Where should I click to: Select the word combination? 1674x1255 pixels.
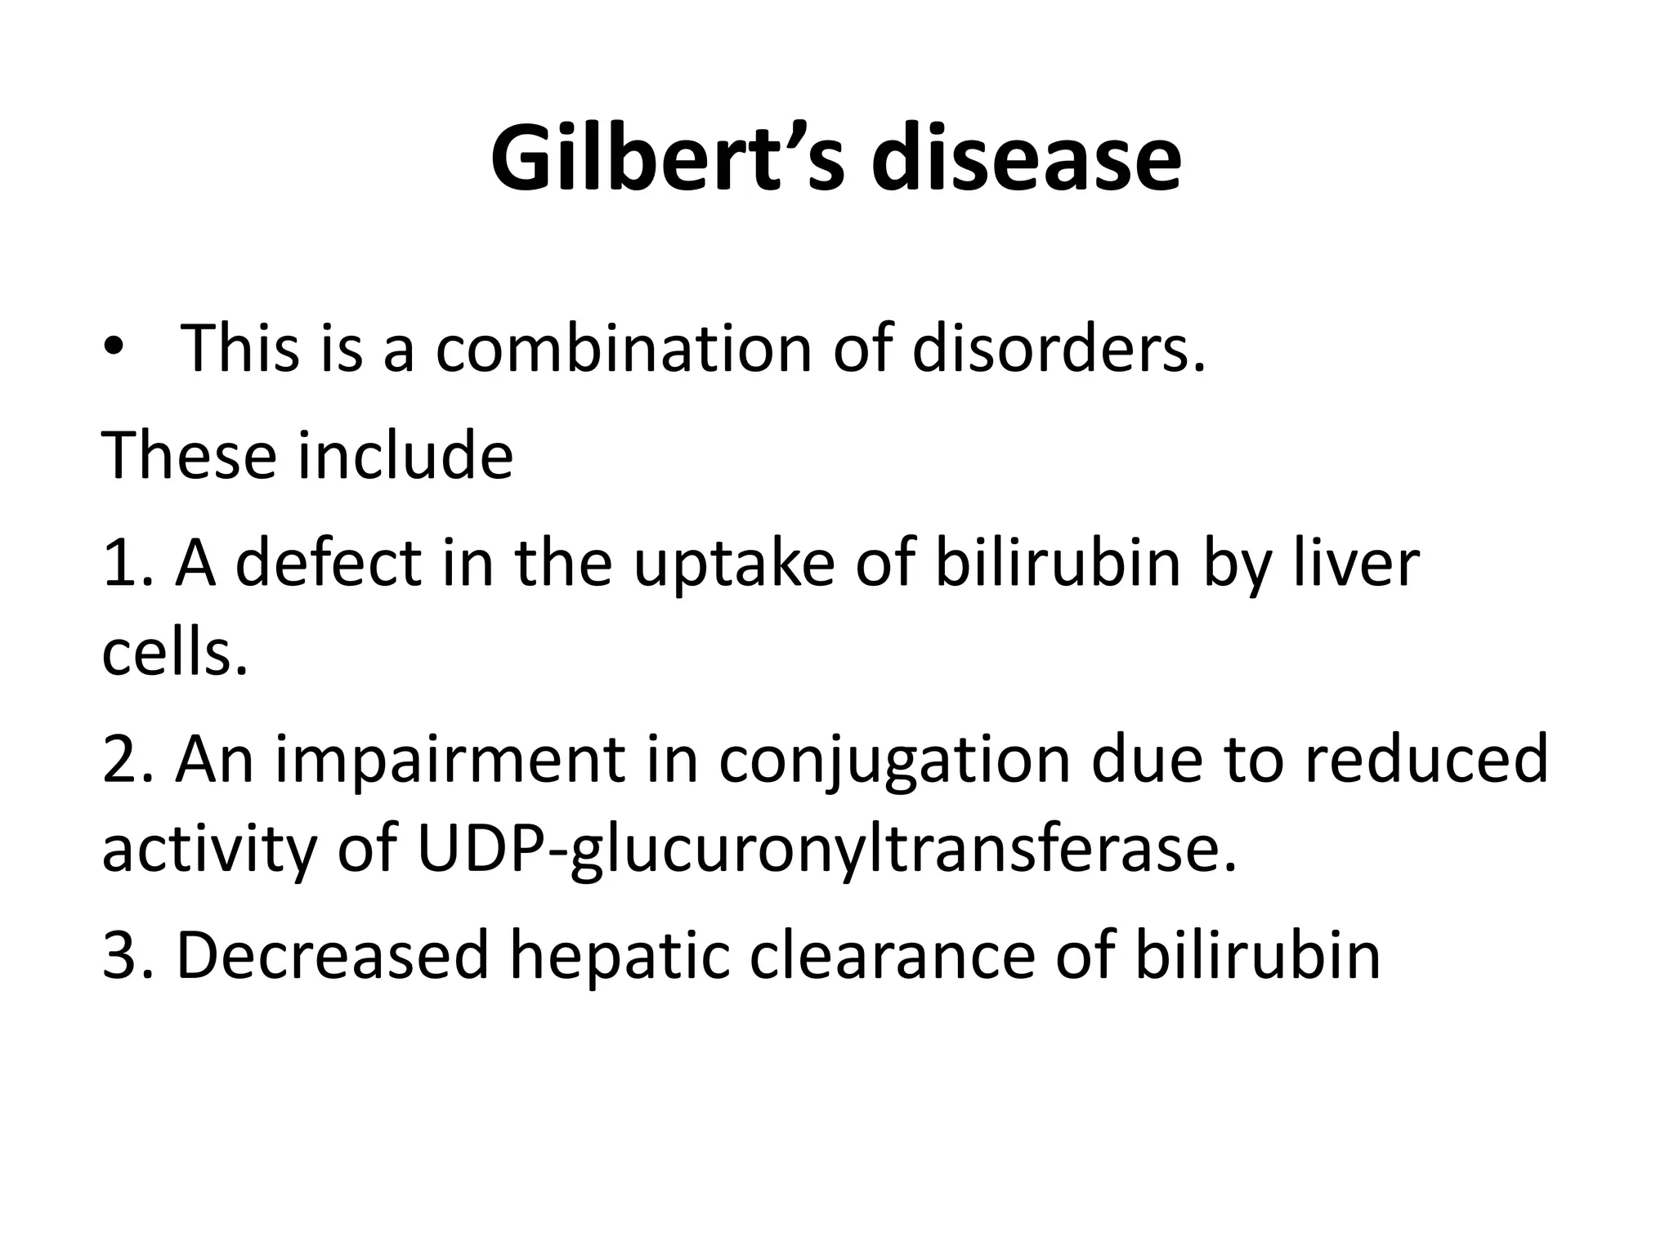pyautogui.click(x=623, y=349)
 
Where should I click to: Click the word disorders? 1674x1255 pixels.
pyautogui.click(x=1059, y=349)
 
